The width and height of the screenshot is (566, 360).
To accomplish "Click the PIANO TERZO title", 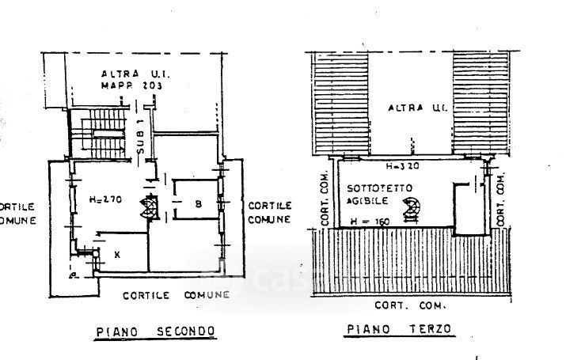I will click(x=398, y=329).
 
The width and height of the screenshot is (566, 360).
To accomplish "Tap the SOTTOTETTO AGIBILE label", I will click(x=373, y=195).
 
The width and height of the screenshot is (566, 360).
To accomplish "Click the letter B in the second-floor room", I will click(x=198, y=205).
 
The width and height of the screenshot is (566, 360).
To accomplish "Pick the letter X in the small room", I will click(x=117, y=255).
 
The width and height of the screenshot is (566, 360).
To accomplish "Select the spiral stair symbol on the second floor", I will click(x=148, y=207).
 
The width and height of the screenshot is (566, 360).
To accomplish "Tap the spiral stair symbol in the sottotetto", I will click(x=411, y=210).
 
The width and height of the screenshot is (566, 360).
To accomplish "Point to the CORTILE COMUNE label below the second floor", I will click(x=176, y=294).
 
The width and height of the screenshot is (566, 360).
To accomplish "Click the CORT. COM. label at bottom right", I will click(x=409, y=305).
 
